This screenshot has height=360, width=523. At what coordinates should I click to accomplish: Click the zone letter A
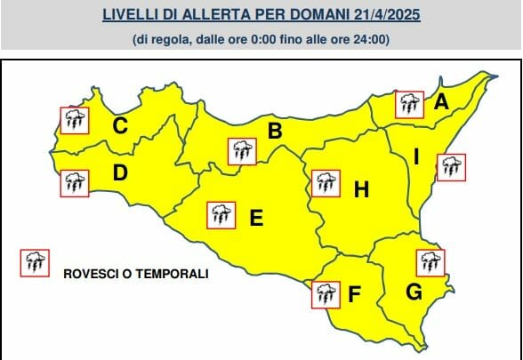(x=441, y=102)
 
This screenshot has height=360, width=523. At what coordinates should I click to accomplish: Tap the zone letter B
(x=276, y=132)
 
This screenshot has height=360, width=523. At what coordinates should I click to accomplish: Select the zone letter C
(x=119, y=126)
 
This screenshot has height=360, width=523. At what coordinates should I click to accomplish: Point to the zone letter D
(x=120, y=173)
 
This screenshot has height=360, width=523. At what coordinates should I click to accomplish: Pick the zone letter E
(x=256, y=216)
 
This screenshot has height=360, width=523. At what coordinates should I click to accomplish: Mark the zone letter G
(x=414, y=291)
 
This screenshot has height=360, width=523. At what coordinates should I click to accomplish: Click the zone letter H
(x=361, y=189)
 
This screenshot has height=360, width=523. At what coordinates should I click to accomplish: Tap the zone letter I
(x=415, y=158)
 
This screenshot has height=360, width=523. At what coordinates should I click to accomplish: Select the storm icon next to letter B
(x=241, y=150)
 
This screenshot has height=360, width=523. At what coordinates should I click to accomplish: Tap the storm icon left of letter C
(x=73, y=119)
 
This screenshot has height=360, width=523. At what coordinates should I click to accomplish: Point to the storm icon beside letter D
(x=74, y=182)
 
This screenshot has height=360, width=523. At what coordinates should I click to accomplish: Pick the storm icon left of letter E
(x=220, y=214)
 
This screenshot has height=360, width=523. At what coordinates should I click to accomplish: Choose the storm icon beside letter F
(x=325, y=293)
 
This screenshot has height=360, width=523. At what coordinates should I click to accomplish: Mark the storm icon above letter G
(x=430, y=262)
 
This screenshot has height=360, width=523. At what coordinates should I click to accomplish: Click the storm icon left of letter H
(x=326, y=183)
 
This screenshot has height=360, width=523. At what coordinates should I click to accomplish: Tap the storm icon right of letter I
(x=450, y=166)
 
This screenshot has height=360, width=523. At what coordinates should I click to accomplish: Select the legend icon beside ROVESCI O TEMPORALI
(x=35, y=261)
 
